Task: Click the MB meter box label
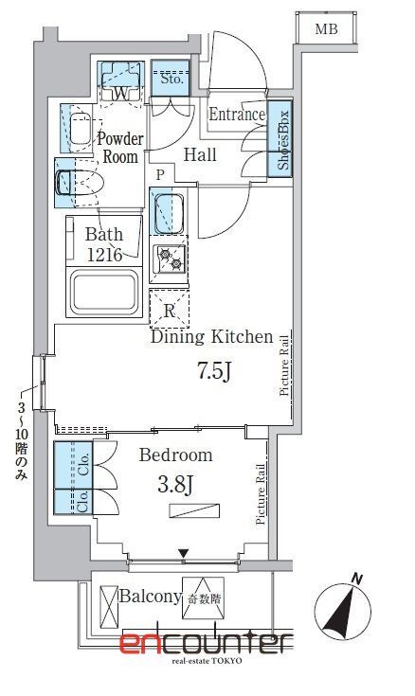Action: (327, 28)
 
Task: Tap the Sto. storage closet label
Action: (171, 79)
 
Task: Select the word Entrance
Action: (237, 115)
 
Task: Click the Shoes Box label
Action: (283, 139)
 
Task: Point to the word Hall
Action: (200, 154)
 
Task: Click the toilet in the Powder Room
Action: (80, 182)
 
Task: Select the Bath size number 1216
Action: (104, 255)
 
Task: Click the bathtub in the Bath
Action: (104, 292)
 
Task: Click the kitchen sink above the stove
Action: (169, 211)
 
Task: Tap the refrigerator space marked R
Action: (169, 310)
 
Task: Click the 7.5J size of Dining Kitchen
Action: (214, 371)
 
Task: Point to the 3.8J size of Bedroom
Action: (175, 485)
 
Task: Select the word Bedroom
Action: (175, 455)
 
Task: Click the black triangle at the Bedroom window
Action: (184, 554)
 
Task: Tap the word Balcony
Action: (151, 597)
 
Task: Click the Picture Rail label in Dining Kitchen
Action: (284, 366)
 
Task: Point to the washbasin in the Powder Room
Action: (81, 129)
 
